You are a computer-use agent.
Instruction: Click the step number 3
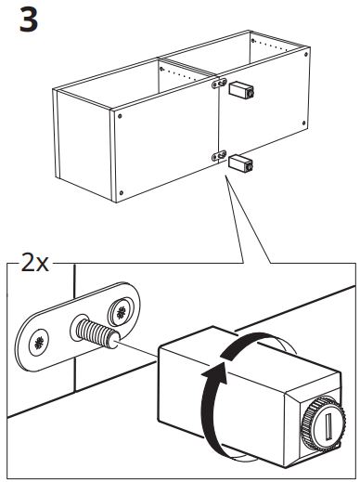pyautogui.click(x=29, y=20)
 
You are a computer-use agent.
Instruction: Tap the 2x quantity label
pyautogui.click(x=34, y=264)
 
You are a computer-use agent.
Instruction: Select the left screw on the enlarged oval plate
pyautogui.click(x=39, y=343)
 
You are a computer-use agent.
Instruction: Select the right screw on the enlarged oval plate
pyautogui.click(x=121, y=313)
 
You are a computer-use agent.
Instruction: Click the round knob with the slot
pyautogui.click(x=324, y=423)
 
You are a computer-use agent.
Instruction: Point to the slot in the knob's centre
pyautogui.click(x=328, y=426)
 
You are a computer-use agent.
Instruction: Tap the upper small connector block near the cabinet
pyautogui.click(x=241, y=89)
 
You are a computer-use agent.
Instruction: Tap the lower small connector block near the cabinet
pyautogui.click(x=240, y=163)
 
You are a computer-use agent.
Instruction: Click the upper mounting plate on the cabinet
pyautogui.click(x=219, y=84)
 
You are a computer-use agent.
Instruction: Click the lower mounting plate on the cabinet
pyautogui.click(x=219, y=156)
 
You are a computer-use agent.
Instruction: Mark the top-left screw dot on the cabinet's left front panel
pyautogui.click(x=120, y=116)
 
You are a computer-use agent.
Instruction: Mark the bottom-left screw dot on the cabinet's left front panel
pyautogui.click(x=122, y=193)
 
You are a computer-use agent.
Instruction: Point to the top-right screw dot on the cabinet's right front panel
pyautogui.click(x=306, y=55)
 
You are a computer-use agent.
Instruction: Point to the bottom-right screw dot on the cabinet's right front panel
pyautogui.click(x=304, y=124)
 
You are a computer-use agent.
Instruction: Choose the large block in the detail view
pyautogui.click(x=248, y=397)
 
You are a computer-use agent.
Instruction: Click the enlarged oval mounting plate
pyautogui.click(x=77, y=327)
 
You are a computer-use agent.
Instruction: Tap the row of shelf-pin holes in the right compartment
pyautogui.click(x=266, y=45)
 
